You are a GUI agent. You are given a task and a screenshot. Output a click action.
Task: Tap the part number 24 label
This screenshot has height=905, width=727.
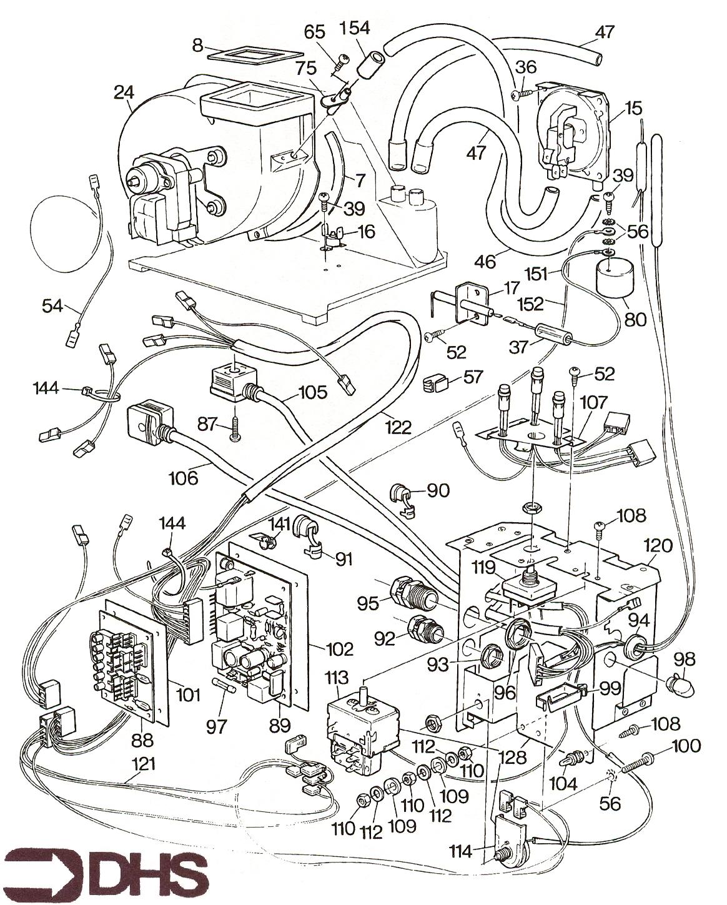click(124, 92)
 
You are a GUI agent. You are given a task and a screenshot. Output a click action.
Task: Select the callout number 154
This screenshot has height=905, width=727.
click(355, 28)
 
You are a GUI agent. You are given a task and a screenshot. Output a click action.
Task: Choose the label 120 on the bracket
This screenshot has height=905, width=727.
click(659, 545)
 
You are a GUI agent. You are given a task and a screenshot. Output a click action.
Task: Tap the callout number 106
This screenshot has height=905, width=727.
click(182, 478)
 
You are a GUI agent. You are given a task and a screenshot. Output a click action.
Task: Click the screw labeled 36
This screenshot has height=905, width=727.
click(520, 94)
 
